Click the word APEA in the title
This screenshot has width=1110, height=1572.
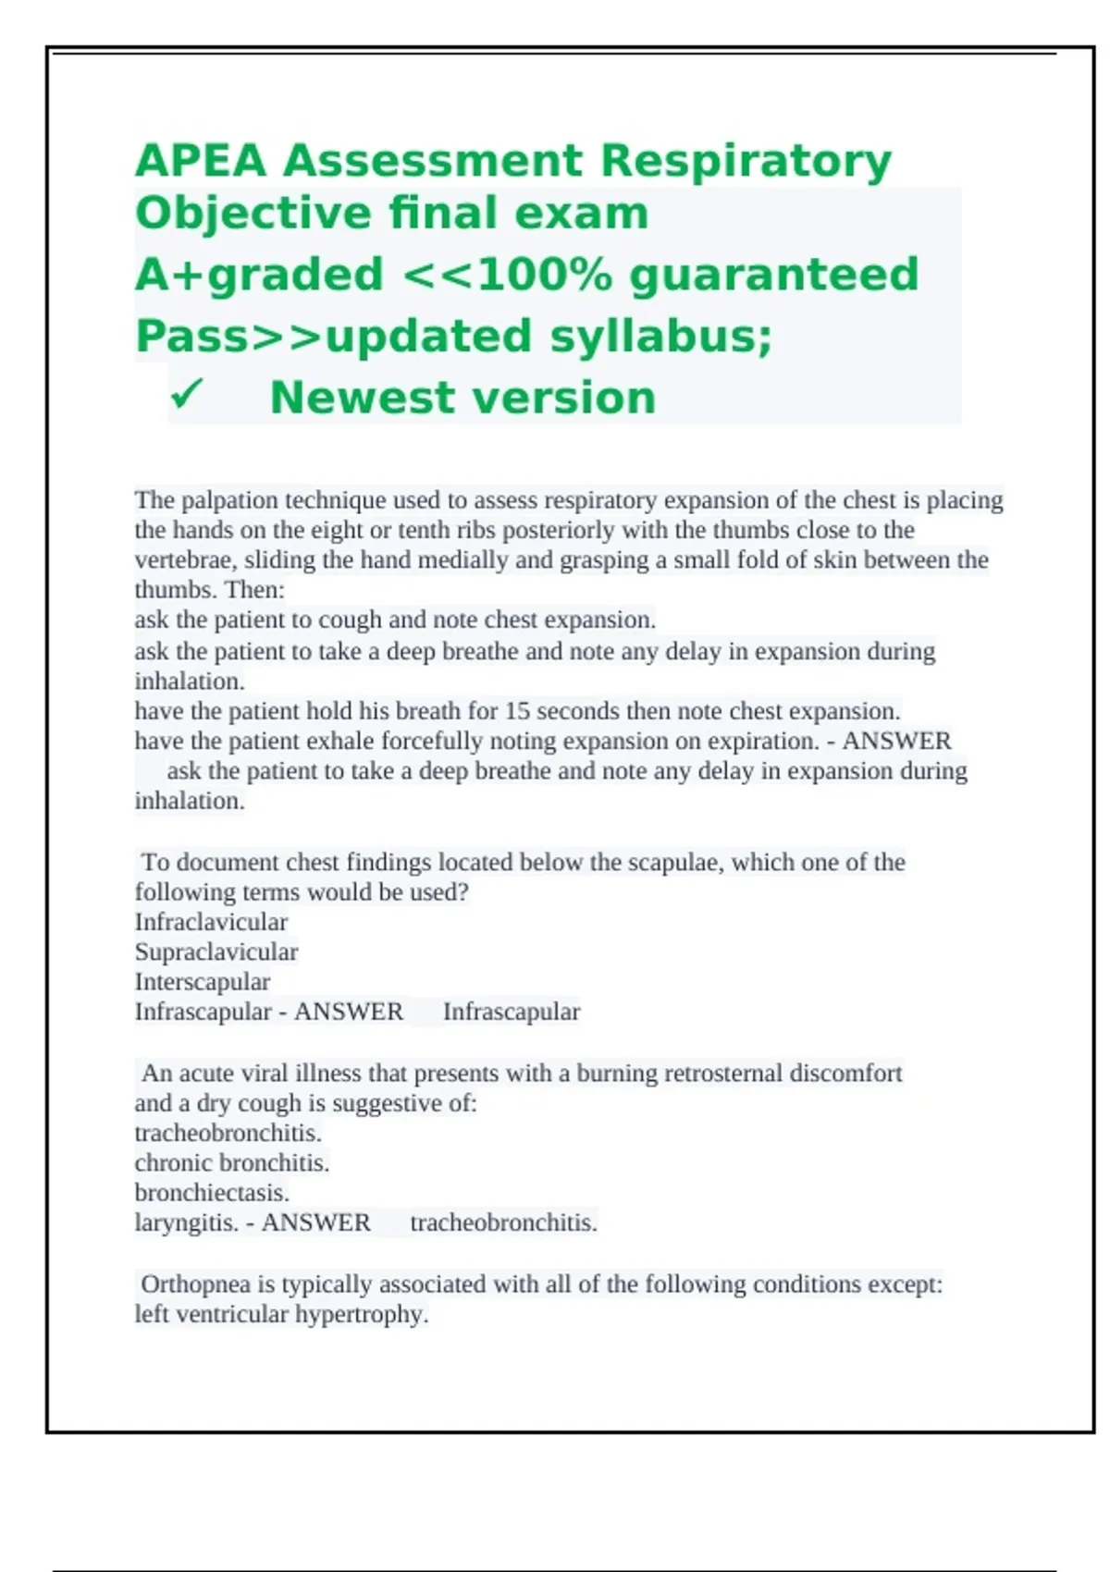coord(200,161)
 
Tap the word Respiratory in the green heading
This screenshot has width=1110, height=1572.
coord(746,161)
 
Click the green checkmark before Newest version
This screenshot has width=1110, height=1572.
coord(186,397)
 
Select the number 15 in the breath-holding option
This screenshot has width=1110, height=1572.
coord(517,711)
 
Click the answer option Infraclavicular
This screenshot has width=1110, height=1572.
coord(211,922)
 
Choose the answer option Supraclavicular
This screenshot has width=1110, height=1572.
coord(216,952)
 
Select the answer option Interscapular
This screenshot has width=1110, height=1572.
coord(203,981)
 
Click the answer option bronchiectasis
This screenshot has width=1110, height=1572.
coord(212,1193)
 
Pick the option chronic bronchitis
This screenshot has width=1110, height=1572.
coord(232,1162)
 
